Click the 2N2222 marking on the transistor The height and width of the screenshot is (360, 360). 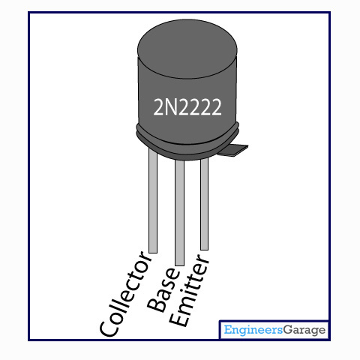187,106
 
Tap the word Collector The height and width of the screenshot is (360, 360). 125,294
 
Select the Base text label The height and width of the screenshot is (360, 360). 163,290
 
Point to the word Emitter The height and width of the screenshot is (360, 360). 190,291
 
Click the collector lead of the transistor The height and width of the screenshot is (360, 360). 153,200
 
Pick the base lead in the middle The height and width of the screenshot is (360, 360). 180,212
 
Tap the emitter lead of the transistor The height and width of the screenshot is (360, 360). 205,204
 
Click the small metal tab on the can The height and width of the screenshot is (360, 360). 234,150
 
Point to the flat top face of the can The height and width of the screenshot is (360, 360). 187,49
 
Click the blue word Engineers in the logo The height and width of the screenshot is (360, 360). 253,330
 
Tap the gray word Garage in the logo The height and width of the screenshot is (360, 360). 304,330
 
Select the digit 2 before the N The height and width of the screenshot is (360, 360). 159,106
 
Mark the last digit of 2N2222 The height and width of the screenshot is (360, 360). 216,106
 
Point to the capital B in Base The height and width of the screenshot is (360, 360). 156,304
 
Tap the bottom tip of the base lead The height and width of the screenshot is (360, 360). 180,265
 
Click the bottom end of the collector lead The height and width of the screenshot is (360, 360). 153,253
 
